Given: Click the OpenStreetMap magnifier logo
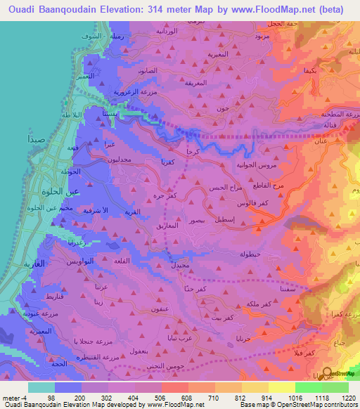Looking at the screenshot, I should point(327,374).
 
